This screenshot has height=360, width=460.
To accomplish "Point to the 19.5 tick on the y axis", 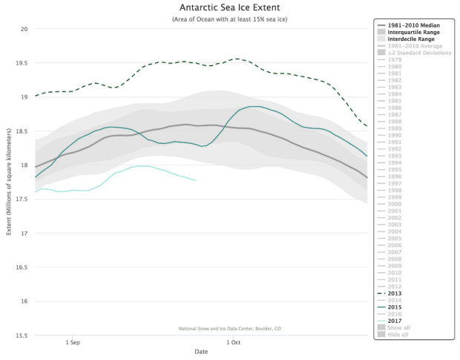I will tap(22, 63).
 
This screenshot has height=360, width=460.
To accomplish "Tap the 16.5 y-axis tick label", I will tap(22, 267).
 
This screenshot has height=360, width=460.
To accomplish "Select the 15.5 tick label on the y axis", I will tap(22, 335).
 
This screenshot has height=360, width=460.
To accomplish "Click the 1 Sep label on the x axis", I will tap(72, 342).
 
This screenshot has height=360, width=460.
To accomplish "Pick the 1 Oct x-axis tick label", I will tap(234, 342).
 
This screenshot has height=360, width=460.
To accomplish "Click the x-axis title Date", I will tap(201, 352).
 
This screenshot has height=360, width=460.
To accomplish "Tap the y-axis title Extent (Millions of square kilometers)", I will tap(8, 182).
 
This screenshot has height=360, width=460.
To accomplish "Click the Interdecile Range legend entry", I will tap(413, 39).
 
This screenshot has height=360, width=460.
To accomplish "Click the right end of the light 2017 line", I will tap(196, 180).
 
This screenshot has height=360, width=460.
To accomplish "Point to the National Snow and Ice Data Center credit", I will tap(231, 328).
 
